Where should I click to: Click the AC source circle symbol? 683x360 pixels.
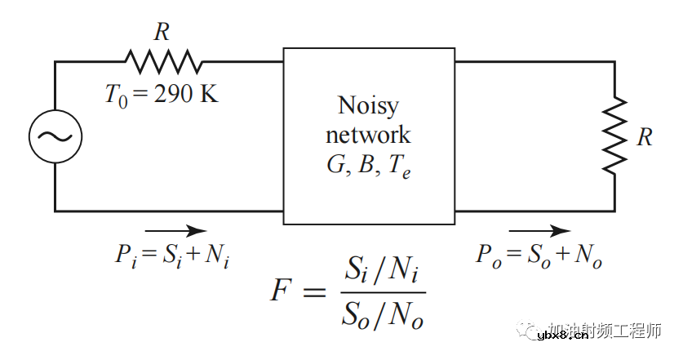pos(55,136)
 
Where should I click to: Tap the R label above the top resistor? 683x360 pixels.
pos(162,33)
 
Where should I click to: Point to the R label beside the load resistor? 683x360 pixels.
pos(645,136)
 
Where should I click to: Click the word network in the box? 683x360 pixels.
pos(368,134)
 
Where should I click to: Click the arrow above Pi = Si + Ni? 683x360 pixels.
pos(175,230)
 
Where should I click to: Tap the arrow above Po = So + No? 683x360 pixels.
pos(539,230)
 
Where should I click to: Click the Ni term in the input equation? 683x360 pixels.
pos(216,256)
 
